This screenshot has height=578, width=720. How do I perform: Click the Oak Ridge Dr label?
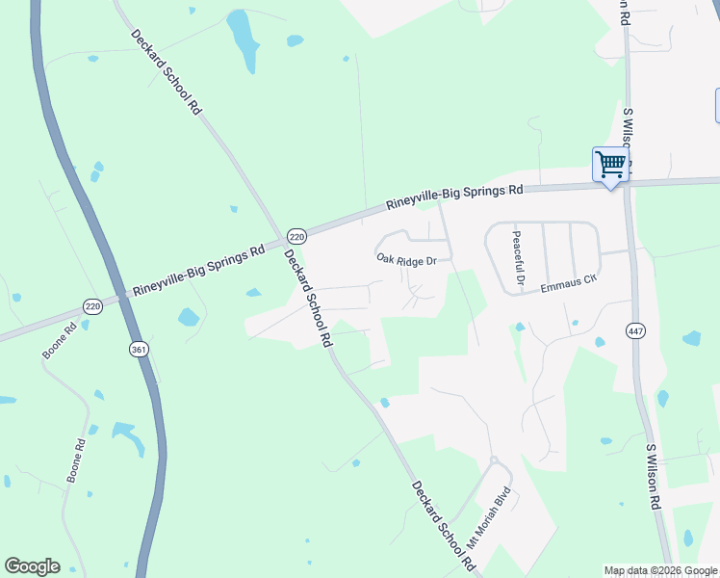pos(406,260)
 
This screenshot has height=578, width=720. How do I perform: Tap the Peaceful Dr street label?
pos(517,257)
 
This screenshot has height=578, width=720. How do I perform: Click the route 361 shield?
pos(139,350)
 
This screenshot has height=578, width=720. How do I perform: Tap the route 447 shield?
pos(639,331)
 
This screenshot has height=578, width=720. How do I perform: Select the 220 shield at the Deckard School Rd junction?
pos(296,236)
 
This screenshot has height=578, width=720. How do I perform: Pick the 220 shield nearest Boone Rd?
pos(92,306)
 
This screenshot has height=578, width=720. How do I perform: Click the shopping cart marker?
pos(610,166)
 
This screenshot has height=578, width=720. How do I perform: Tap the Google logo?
pos(32,566)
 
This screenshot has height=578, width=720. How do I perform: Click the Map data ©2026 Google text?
pos(660,570)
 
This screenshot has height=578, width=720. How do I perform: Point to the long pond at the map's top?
pos(243,40)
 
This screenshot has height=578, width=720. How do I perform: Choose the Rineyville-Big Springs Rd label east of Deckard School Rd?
pos(454,197)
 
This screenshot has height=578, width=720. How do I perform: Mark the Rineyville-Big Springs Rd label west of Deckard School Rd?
pos(199,271)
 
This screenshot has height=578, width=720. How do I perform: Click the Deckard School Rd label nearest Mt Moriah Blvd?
pos(444,524)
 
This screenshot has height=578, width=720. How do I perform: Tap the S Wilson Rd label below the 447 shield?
pos(654,477)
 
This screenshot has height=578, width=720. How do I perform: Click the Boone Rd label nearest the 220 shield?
pos(59,340)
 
